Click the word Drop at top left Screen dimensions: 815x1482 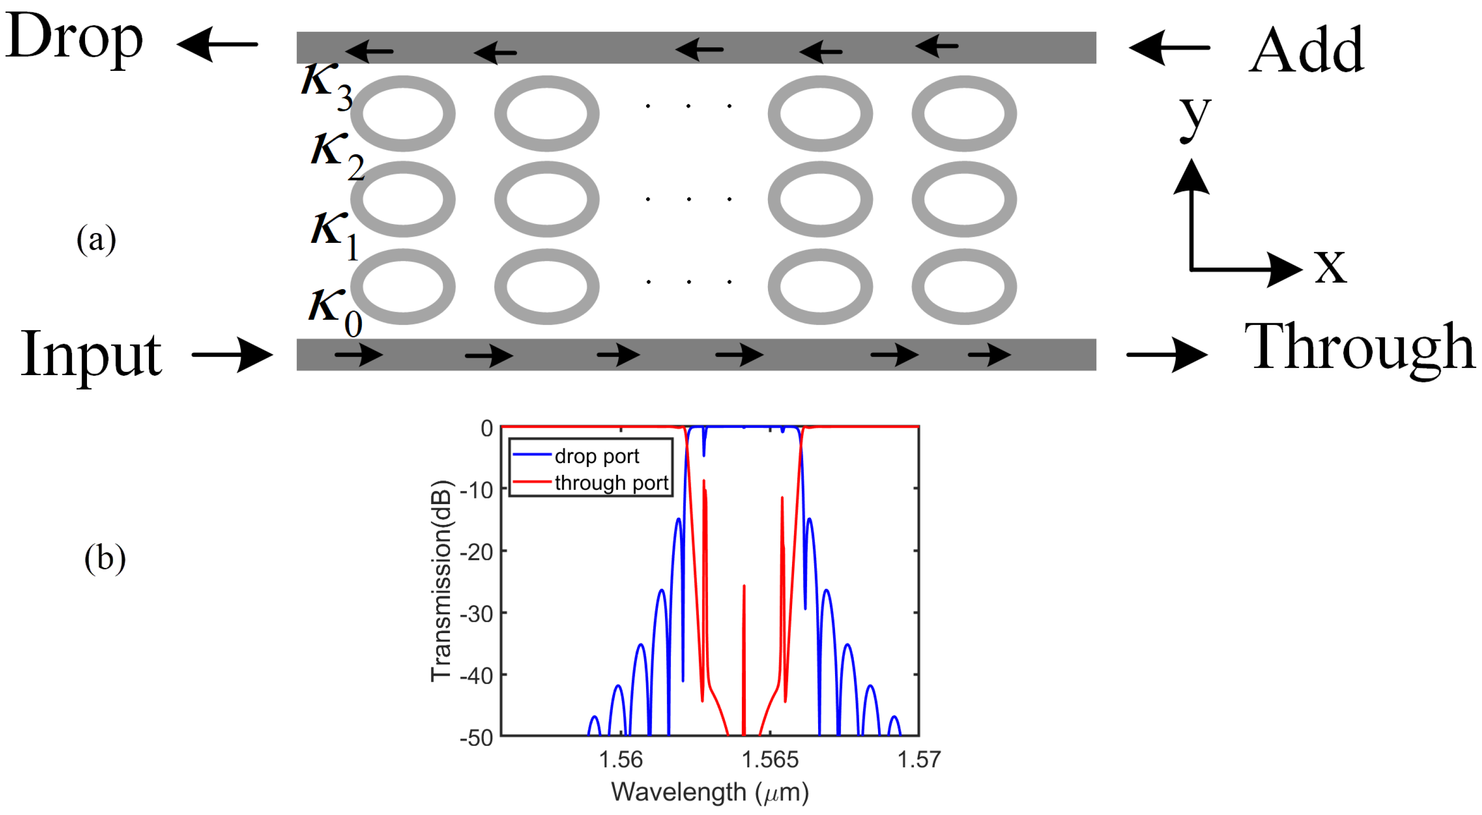click(74, 38)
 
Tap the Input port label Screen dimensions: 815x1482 click(91, 355)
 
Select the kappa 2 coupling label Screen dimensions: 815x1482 click(336, 155)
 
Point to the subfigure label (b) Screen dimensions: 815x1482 click(105, 558)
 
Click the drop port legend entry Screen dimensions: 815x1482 click(596, 456)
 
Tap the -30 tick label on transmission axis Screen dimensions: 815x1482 click(476, 614)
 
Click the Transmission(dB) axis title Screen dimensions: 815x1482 click(441, 581)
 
